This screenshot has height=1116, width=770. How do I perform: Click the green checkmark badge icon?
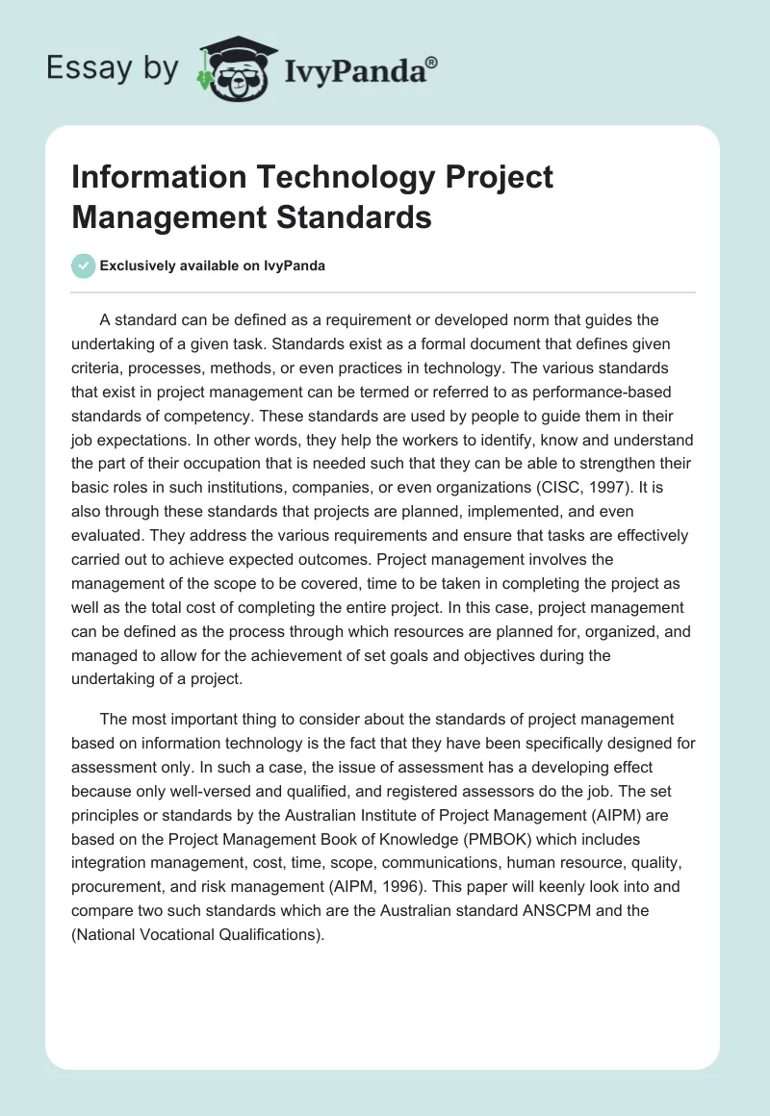(84, 266)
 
